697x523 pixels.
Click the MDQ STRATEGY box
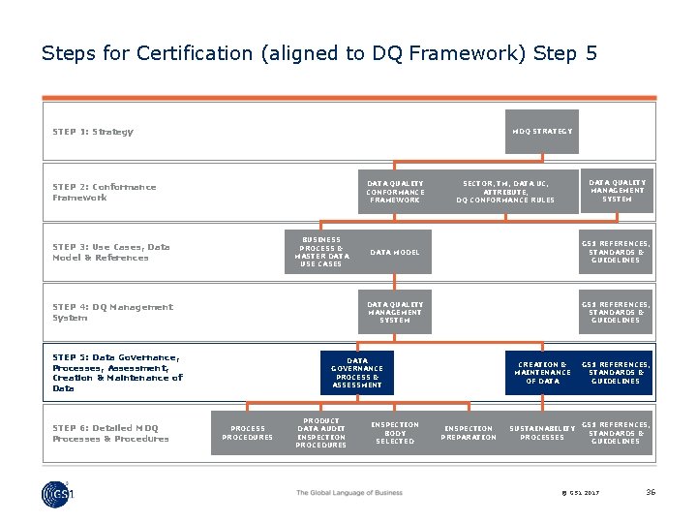(x=542, y=131)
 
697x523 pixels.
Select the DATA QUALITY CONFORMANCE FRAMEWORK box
(x=394, y=192)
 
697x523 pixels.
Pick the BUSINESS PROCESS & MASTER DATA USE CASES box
(x=320, y=252)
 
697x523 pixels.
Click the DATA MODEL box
(x=395, y=252)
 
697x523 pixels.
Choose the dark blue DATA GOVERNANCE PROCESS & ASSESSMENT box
(x=356, y=373)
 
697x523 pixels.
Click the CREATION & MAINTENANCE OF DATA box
(x=542, y=373)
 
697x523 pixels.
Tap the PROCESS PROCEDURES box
(x=247, y=433)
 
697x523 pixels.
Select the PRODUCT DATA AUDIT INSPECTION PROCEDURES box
(x=320, y=433)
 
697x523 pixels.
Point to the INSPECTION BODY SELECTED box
(x=394, y=433)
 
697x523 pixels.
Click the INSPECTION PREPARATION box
(x=469, y=433)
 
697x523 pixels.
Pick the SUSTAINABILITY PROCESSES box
(x=542, y=433)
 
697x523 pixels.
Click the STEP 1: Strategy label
(x=93, y=132)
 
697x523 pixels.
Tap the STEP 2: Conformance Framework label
(x=104, y=192)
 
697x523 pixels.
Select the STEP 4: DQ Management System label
(x=112, y=312)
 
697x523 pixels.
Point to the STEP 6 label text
(x=110, y=433)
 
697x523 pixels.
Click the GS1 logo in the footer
(x=58, y=493)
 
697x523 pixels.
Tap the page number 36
(x=651, y=492)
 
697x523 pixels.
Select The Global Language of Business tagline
(x=348, y=493)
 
